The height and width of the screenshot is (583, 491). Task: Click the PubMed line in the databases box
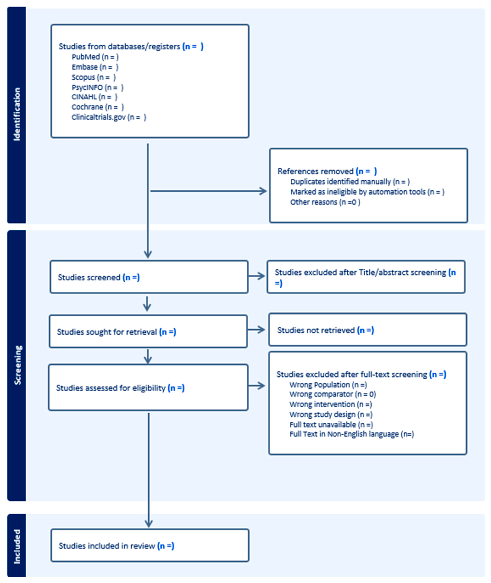point(95,57)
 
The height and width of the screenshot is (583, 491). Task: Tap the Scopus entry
point(94,77)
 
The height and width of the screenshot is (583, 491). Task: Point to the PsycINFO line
point(97,88)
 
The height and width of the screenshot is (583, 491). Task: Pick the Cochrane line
point(97,107)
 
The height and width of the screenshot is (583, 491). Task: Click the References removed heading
point(327,171)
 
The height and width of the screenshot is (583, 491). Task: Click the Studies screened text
point(99,277)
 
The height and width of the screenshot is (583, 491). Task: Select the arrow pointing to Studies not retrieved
point(257,330)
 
